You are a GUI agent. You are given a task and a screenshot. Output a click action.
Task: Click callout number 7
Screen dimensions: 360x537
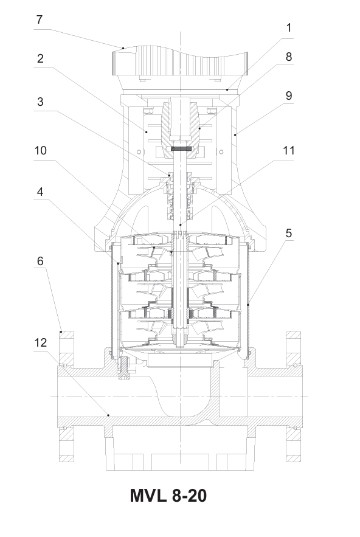40,19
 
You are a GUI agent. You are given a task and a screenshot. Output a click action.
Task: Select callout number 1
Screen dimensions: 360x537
289,28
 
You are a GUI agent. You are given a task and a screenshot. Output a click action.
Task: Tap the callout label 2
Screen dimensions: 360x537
40,58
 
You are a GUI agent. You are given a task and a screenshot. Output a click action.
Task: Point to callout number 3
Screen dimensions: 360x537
40,102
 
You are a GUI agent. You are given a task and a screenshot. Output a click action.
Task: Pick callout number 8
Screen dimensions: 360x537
289,57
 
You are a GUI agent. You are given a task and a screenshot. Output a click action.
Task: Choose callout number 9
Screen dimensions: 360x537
289,96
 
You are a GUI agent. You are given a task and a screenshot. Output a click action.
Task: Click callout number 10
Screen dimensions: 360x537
40,150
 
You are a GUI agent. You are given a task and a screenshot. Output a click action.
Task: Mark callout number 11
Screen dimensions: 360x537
289,150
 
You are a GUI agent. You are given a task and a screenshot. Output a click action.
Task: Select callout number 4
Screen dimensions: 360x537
40,192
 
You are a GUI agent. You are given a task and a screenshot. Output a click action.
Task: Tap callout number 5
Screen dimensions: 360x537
289,233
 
